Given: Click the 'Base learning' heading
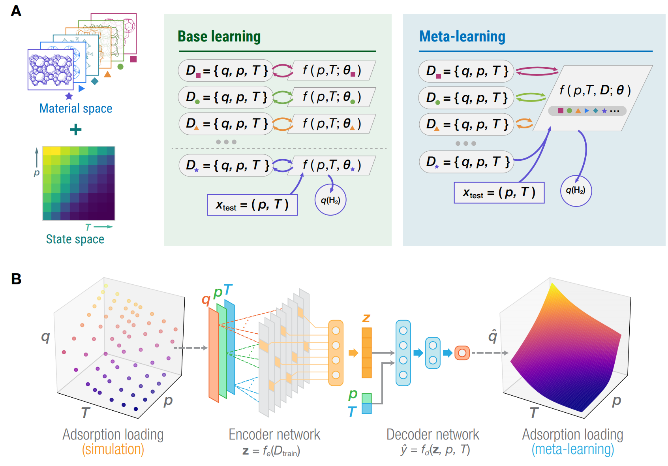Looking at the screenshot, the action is tap(219, 37).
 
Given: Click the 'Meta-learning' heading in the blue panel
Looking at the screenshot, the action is tap(462, 37).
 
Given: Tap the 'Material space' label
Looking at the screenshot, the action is tap(76, 108).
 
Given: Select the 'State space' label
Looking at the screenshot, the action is tap(75, 239).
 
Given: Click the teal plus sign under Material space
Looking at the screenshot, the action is tap(76, 130).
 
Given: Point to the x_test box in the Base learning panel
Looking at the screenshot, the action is tap(252, 205).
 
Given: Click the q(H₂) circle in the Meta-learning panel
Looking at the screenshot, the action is tap(576, 191).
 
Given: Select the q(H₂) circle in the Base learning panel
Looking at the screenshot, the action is tap(330, 200).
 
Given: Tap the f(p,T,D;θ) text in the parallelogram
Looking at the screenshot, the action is tap(595, 90).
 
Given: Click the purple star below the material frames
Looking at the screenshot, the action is tap(69, 96).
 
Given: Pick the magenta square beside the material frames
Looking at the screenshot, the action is tap(133, 59).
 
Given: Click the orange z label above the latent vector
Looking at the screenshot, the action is tap(366, 318).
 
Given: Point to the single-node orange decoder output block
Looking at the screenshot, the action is tap(462, 353).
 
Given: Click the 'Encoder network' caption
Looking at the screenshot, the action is tap(274, 434).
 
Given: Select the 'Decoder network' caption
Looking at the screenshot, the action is tap(433, 434).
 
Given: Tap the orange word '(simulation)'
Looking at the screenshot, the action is tap(113, 449).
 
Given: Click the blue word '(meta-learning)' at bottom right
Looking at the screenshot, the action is tap(573, 449).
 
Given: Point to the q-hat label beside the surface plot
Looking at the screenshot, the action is tap(493, 336).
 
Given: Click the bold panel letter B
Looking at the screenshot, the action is tap(16, 279).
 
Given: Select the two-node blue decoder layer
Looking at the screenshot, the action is tap(433, 353).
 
